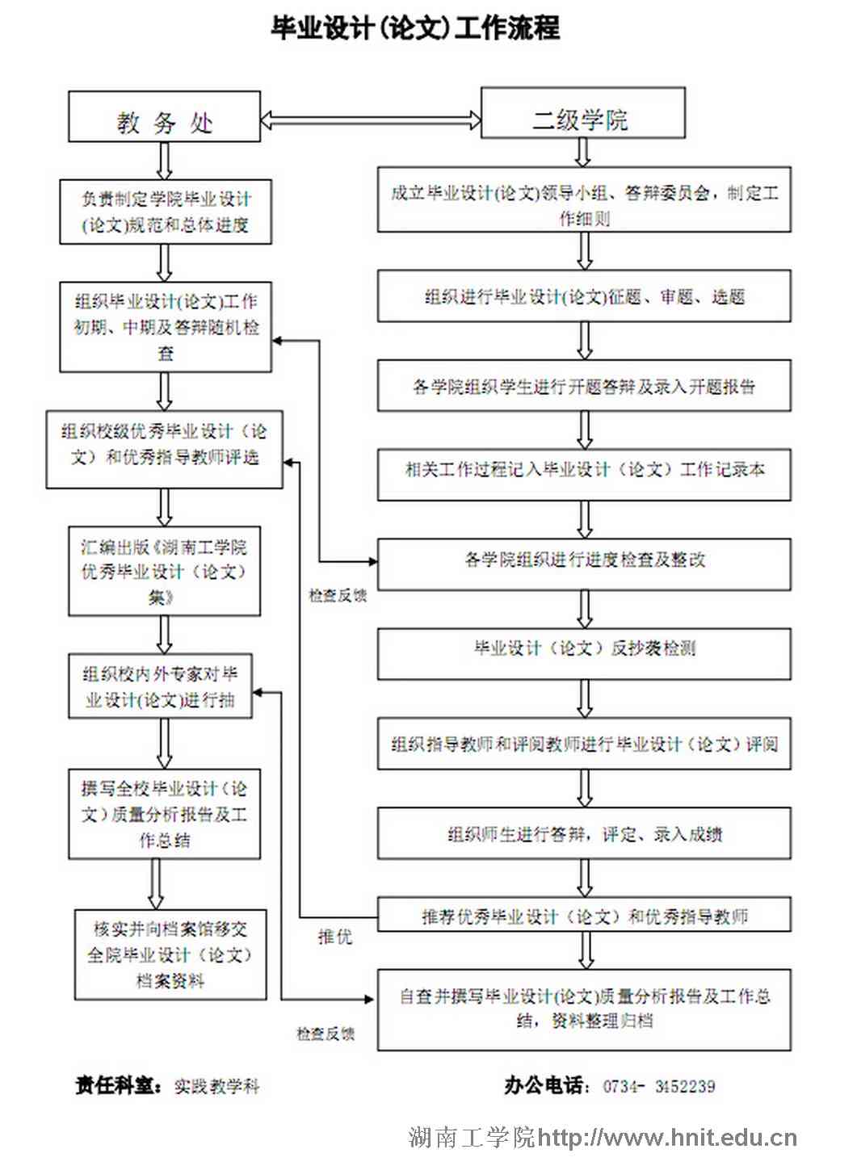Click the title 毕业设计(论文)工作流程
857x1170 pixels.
pyautogui.click(x=415, y=28)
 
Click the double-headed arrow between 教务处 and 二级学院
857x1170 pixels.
pyautogui.click(x=371, y=120)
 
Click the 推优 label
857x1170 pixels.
pyautogui.click(x=334, y=937)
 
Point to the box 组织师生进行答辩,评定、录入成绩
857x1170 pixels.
pyautogui.click(x=584, y=834)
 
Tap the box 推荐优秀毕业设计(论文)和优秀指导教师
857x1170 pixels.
pyautogui.click(x=584, y=916)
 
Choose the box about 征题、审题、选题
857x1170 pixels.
pyautogui.click(x=584, y=297)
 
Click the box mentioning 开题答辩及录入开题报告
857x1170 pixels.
pyautogui.click(x=584, y=387)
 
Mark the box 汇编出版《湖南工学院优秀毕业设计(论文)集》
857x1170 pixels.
pyautogui.click(x=164, y=572)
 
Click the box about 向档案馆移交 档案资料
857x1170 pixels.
pyautogui.click(x=170, y=955)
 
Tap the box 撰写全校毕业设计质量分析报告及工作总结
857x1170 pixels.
pyautogui.click(x=164, y=814)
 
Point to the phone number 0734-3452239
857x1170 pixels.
pyautogui.click(x=658, y=1087)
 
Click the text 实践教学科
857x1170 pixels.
pyautogui.click(x=216, y=1087)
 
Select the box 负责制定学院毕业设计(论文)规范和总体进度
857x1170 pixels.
pyautogui.click(x=165, y=212)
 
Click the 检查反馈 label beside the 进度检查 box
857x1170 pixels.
pyautogui.click(x=338, y=596)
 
